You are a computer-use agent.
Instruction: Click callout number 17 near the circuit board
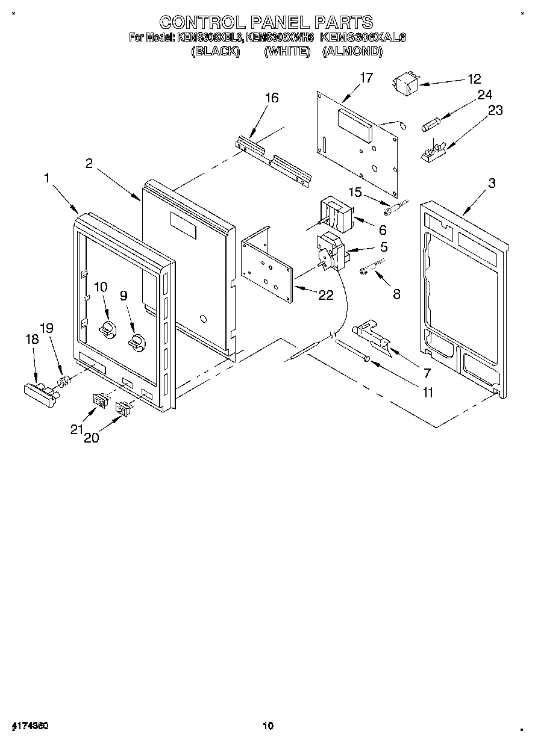(x=366, y=78)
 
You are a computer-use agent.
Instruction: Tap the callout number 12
(x=474, y=79)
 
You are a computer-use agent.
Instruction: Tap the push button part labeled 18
(x=37, y=390)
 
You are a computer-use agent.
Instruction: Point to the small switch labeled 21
(x=99, y=399)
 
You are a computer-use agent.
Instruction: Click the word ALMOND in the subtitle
(x=352, y=52)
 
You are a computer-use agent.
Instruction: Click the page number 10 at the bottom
(x=267, y=726)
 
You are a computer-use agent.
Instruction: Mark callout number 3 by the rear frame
(x=492, y=183)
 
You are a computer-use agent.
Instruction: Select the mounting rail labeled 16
(x=274, y=159)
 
